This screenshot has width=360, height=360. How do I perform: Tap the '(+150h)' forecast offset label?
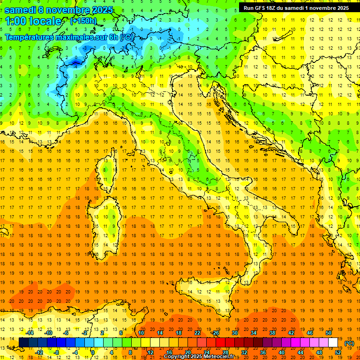pyautogui.click(x=83, y=21)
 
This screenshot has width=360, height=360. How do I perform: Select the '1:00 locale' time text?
pyautogui.click(x=33, y=21)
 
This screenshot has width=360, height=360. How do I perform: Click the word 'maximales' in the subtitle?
pyautogui.click(x=70, y=37)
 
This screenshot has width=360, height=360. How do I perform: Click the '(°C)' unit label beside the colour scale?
pyautogui.click(x=349, y=344)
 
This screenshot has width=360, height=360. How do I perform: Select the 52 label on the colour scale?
pyautogui.click(x=338, y=352)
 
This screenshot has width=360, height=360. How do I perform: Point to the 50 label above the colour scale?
pyautogui.click(x=329, y=333)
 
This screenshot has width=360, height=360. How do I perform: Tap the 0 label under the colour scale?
pyautogui.click(x=93, y=352)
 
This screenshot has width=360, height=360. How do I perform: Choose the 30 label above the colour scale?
pyautogui.click(x=234, y=333)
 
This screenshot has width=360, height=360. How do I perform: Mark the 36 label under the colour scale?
pyautogui.click(x=263, y=352)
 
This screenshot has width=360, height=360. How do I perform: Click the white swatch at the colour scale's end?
pyautogui.click(x=333, y=343)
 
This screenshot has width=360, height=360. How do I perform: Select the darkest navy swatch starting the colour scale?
pyautogui.click(x=23, y=343)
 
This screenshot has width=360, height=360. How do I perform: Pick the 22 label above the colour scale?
pyautogui.click(x=197, y=333)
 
